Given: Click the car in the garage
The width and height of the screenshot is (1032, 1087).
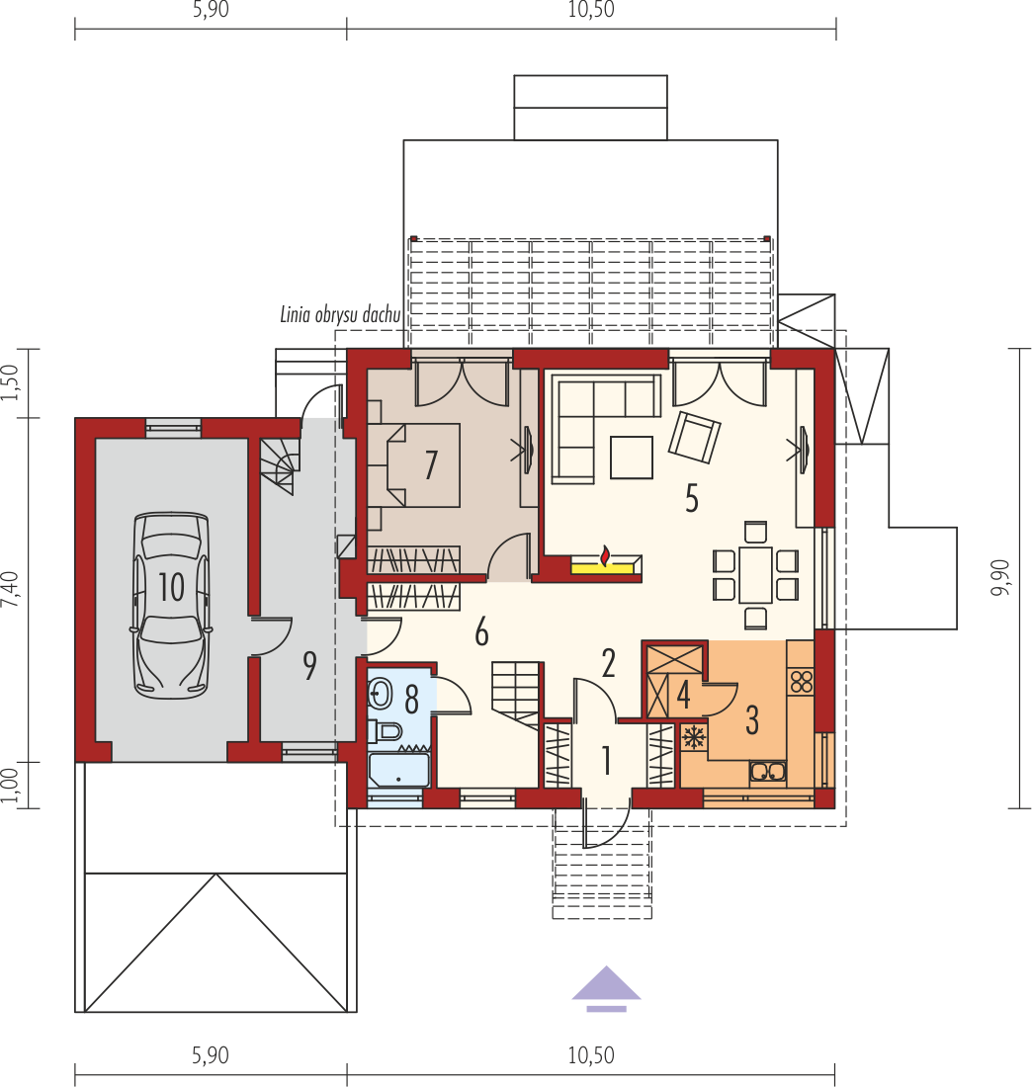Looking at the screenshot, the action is (171, 605).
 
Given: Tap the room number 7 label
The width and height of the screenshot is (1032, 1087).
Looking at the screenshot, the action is (431, 464).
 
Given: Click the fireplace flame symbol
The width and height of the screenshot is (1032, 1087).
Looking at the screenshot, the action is (606, 555).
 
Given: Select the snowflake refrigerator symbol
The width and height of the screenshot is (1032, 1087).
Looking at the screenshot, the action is (693, 737).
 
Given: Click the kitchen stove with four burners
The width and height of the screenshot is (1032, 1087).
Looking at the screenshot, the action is (801, 682).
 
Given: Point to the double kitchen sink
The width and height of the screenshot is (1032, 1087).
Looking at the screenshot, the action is (767, 771).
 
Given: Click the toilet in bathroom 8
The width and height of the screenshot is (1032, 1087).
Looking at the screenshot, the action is (385, 730).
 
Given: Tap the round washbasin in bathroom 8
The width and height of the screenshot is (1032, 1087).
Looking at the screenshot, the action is (380, 692).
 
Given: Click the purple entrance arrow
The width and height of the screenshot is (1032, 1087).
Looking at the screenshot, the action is (606, 988).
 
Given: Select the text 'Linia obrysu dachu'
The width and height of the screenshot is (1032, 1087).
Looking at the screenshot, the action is (340, 314).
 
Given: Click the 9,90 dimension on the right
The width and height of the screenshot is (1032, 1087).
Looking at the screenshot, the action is (1000, 577).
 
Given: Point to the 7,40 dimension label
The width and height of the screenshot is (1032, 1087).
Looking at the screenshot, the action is (10, 589).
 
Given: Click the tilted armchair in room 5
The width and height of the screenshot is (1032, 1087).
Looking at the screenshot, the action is (694, 438).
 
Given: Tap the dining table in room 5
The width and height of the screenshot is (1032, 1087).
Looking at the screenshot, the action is (755, 575).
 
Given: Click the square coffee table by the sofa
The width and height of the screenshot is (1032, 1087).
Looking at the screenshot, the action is (631, 457).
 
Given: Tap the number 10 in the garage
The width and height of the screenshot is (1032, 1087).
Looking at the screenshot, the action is (171, 587).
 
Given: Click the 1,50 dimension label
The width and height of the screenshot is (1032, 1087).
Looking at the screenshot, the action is (10, 382).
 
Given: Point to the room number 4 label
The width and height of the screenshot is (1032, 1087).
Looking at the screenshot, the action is (683, 696).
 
